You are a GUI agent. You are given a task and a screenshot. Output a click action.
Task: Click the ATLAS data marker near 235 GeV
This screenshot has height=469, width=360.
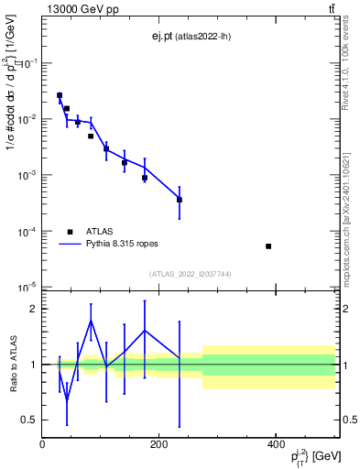click(x=180, y=200)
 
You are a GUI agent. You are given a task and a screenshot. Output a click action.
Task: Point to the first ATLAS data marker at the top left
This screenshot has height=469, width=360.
click(x=60, y=95)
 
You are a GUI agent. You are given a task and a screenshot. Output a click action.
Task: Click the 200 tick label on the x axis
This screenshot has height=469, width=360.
click(x=158, y=444)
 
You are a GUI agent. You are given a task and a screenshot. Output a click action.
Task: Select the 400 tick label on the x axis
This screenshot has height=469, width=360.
click(x=276, y=444)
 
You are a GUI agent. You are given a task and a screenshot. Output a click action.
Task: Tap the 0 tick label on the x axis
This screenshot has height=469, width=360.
click(x=42, y=444)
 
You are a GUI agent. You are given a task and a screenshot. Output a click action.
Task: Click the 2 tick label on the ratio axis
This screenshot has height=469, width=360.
click(x=33, y=309)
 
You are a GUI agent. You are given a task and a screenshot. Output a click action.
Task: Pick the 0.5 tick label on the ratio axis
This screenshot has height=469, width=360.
click(x=28, y=420)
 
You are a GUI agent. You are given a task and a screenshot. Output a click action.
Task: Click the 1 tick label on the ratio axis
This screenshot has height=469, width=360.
click(x=33, y=365)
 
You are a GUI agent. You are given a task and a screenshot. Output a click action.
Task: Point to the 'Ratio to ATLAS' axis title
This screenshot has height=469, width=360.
click(x=12, y=364)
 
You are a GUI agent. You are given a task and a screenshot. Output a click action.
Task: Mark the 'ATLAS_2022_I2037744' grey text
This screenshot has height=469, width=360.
click(x=189, y=274)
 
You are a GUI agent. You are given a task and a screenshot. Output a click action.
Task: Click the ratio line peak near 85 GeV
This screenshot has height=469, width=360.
click(x=91, y=320)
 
